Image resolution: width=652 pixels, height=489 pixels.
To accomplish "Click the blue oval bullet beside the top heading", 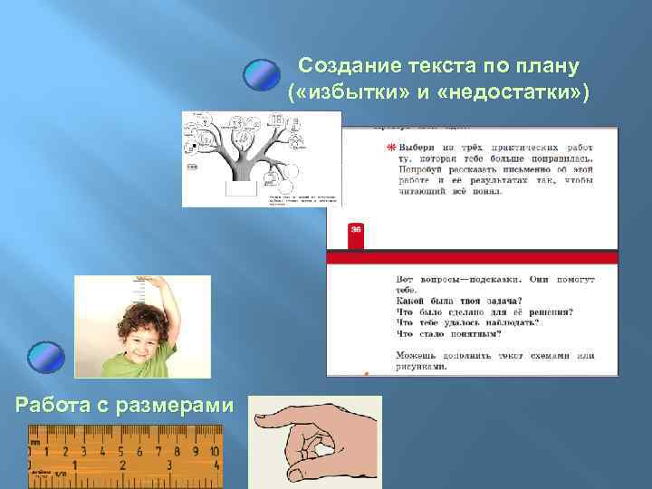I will tap(264, 74).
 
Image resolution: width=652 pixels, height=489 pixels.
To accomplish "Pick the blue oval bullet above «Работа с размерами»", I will tap(45, 358).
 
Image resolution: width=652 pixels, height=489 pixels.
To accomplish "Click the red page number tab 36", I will tap(356, 230).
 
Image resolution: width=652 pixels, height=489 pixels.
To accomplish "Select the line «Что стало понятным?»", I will tap(453, 333).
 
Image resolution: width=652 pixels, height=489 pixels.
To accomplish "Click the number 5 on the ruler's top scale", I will tap(120, 450).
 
